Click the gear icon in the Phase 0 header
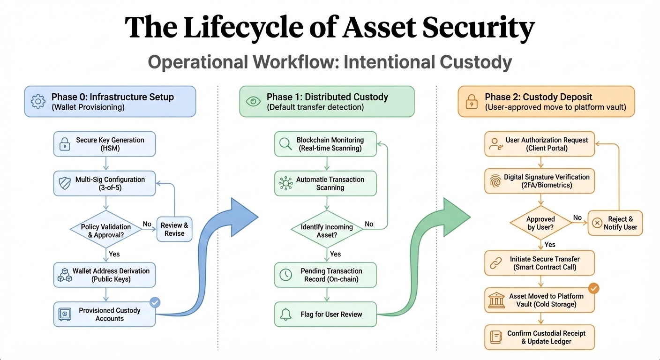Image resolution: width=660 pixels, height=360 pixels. pos(38,102)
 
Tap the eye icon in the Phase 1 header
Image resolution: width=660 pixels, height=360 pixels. pos(253,101)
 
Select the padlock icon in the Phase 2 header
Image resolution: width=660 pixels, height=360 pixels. pos(471,102)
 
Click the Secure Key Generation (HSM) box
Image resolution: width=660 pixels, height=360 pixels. pos(104,144)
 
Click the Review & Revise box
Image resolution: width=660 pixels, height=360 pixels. pos(174,229)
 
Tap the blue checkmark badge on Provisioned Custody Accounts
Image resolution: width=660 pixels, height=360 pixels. pos(155,303)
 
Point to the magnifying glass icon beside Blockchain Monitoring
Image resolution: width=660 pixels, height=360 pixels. pos(285,144)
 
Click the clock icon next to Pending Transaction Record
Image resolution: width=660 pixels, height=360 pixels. pos(285,275)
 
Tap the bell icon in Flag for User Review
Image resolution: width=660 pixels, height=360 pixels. pos(285,315)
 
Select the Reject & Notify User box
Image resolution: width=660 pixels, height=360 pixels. pos(615,223)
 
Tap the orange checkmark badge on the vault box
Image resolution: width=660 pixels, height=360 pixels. pos(593,288)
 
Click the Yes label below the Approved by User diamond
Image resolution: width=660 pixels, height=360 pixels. pos(550,245)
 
